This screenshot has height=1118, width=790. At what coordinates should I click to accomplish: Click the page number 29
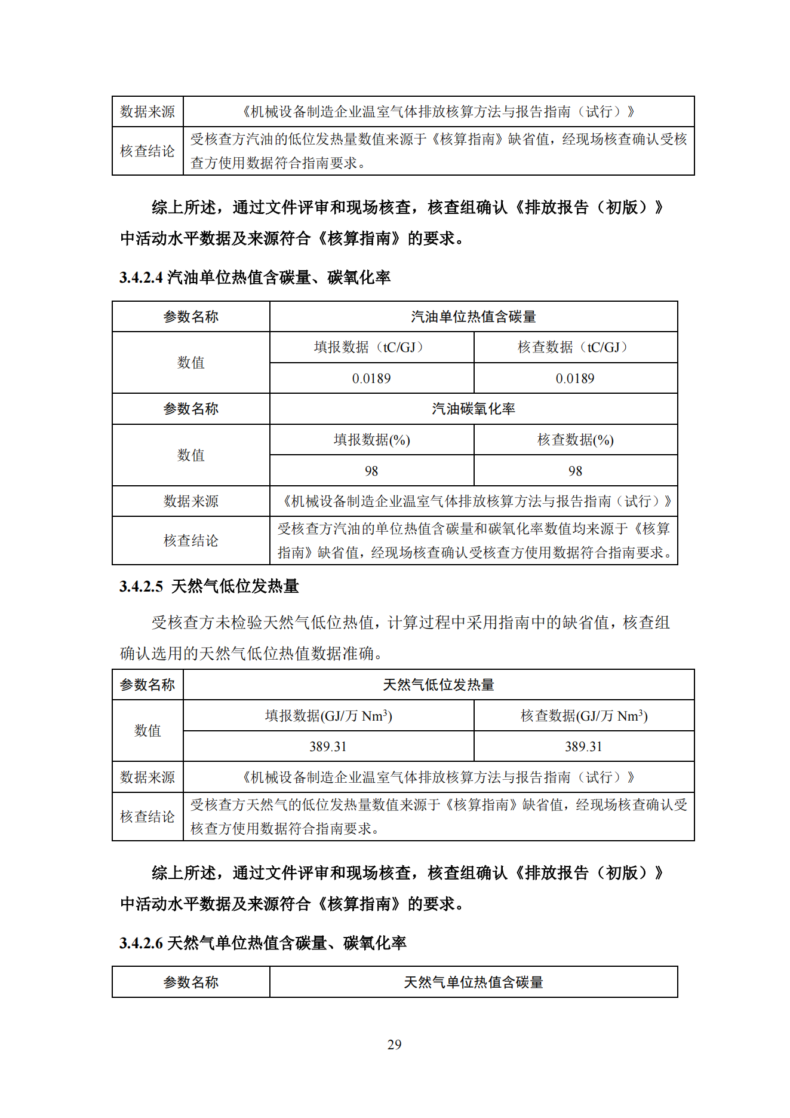coord(394,1045)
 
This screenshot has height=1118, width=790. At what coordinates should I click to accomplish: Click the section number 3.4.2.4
coord(141,277)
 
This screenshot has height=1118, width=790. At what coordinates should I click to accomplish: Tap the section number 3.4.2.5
coord(141,586)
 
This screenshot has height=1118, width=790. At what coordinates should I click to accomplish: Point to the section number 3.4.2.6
coord(141,943)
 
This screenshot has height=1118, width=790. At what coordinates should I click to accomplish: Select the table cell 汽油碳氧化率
coord(473,409)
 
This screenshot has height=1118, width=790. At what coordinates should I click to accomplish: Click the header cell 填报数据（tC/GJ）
coord(371,347)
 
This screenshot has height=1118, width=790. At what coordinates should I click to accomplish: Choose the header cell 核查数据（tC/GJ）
coord(575,347)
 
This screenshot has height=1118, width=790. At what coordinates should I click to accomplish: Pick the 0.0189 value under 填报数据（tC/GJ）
coord(371,378)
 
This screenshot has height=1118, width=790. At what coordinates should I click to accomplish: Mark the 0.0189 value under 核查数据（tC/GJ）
coord(575,378)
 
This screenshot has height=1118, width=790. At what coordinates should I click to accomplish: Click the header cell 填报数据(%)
coord(371,440)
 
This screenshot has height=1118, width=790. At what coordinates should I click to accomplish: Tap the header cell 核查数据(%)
coord(575,440)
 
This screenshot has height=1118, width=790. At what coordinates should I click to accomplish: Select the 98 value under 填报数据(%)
coord(371,471)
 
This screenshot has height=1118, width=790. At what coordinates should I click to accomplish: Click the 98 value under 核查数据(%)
coord(575,471)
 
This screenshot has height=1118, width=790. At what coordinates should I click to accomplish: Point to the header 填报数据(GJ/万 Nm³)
coord(328,716)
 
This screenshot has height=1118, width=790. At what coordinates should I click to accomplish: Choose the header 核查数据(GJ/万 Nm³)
coord(583,716)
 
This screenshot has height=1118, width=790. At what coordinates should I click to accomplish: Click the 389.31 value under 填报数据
coord(328,746)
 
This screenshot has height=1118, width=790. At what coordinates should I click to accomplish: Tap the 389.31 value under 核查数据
coord(583,746)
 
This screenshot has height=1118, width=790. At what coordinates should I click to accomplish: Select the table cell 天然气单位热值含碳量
coord(473,982)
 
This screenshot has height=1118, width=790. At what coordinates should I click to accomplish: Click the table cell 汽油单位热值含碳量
coord(473,317)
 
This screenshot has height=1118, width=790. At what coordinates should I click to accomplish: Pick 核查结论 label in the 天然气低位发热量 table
coord(147,816)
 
